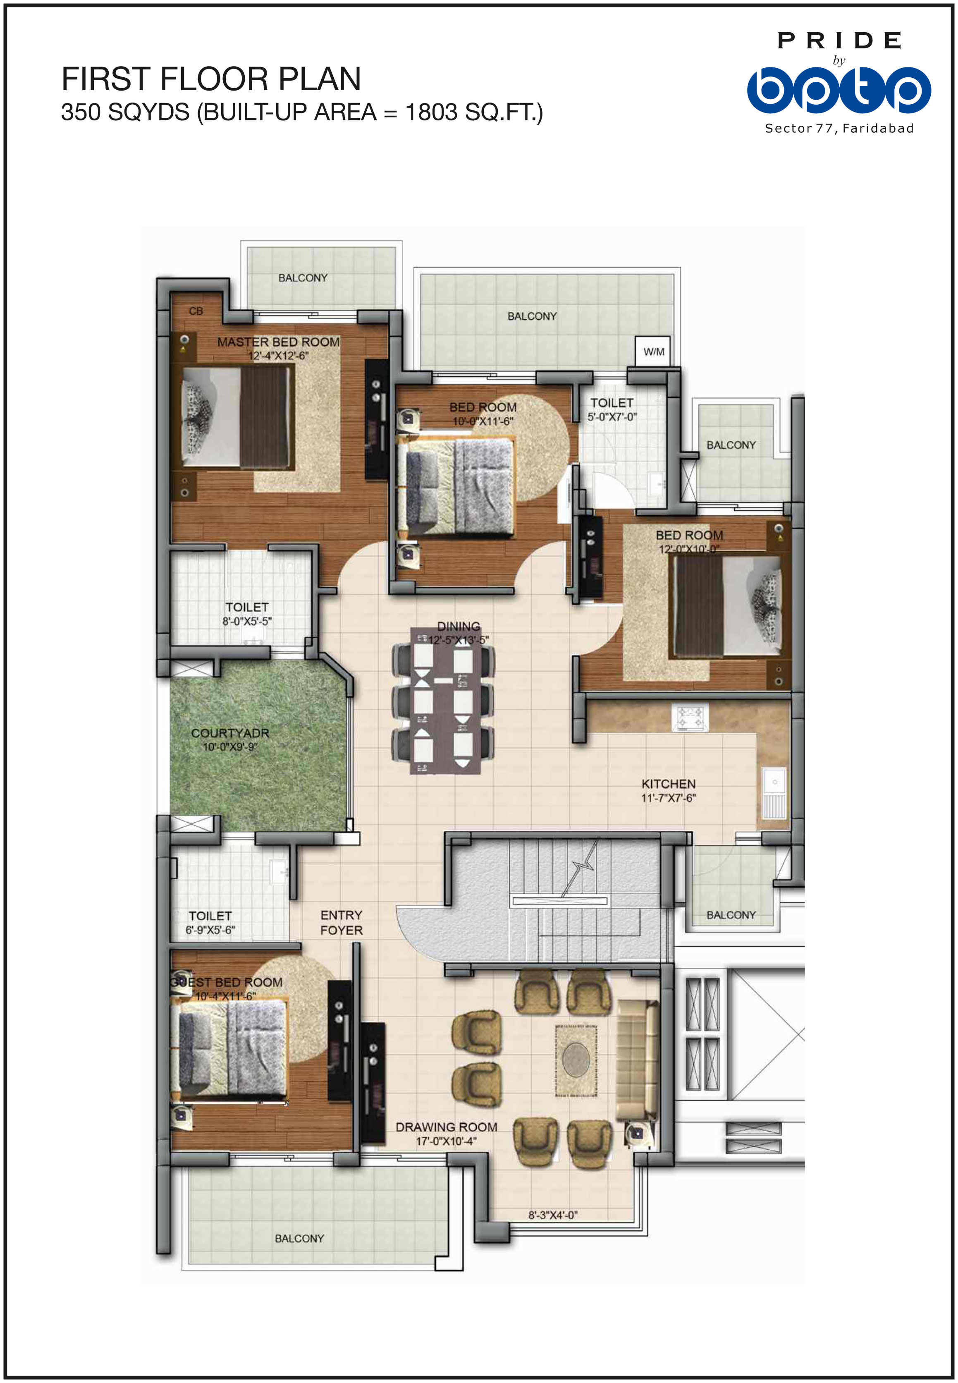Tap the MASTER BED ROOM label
coord(279,342)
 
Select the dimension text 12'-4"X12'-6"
coord(279,356)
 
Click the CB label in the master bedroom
coord(196,311)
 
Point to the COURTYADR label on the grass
coord(230,733)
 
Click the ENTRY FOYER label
coord(342,923)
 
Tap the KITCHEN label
coord(668,784)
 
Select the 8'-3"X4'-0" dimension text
coord(553,1215)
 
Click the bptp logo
coord(839,90)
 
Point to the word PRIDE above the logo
coord(839,41)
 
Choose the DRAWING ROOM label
coord(446,1127)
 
